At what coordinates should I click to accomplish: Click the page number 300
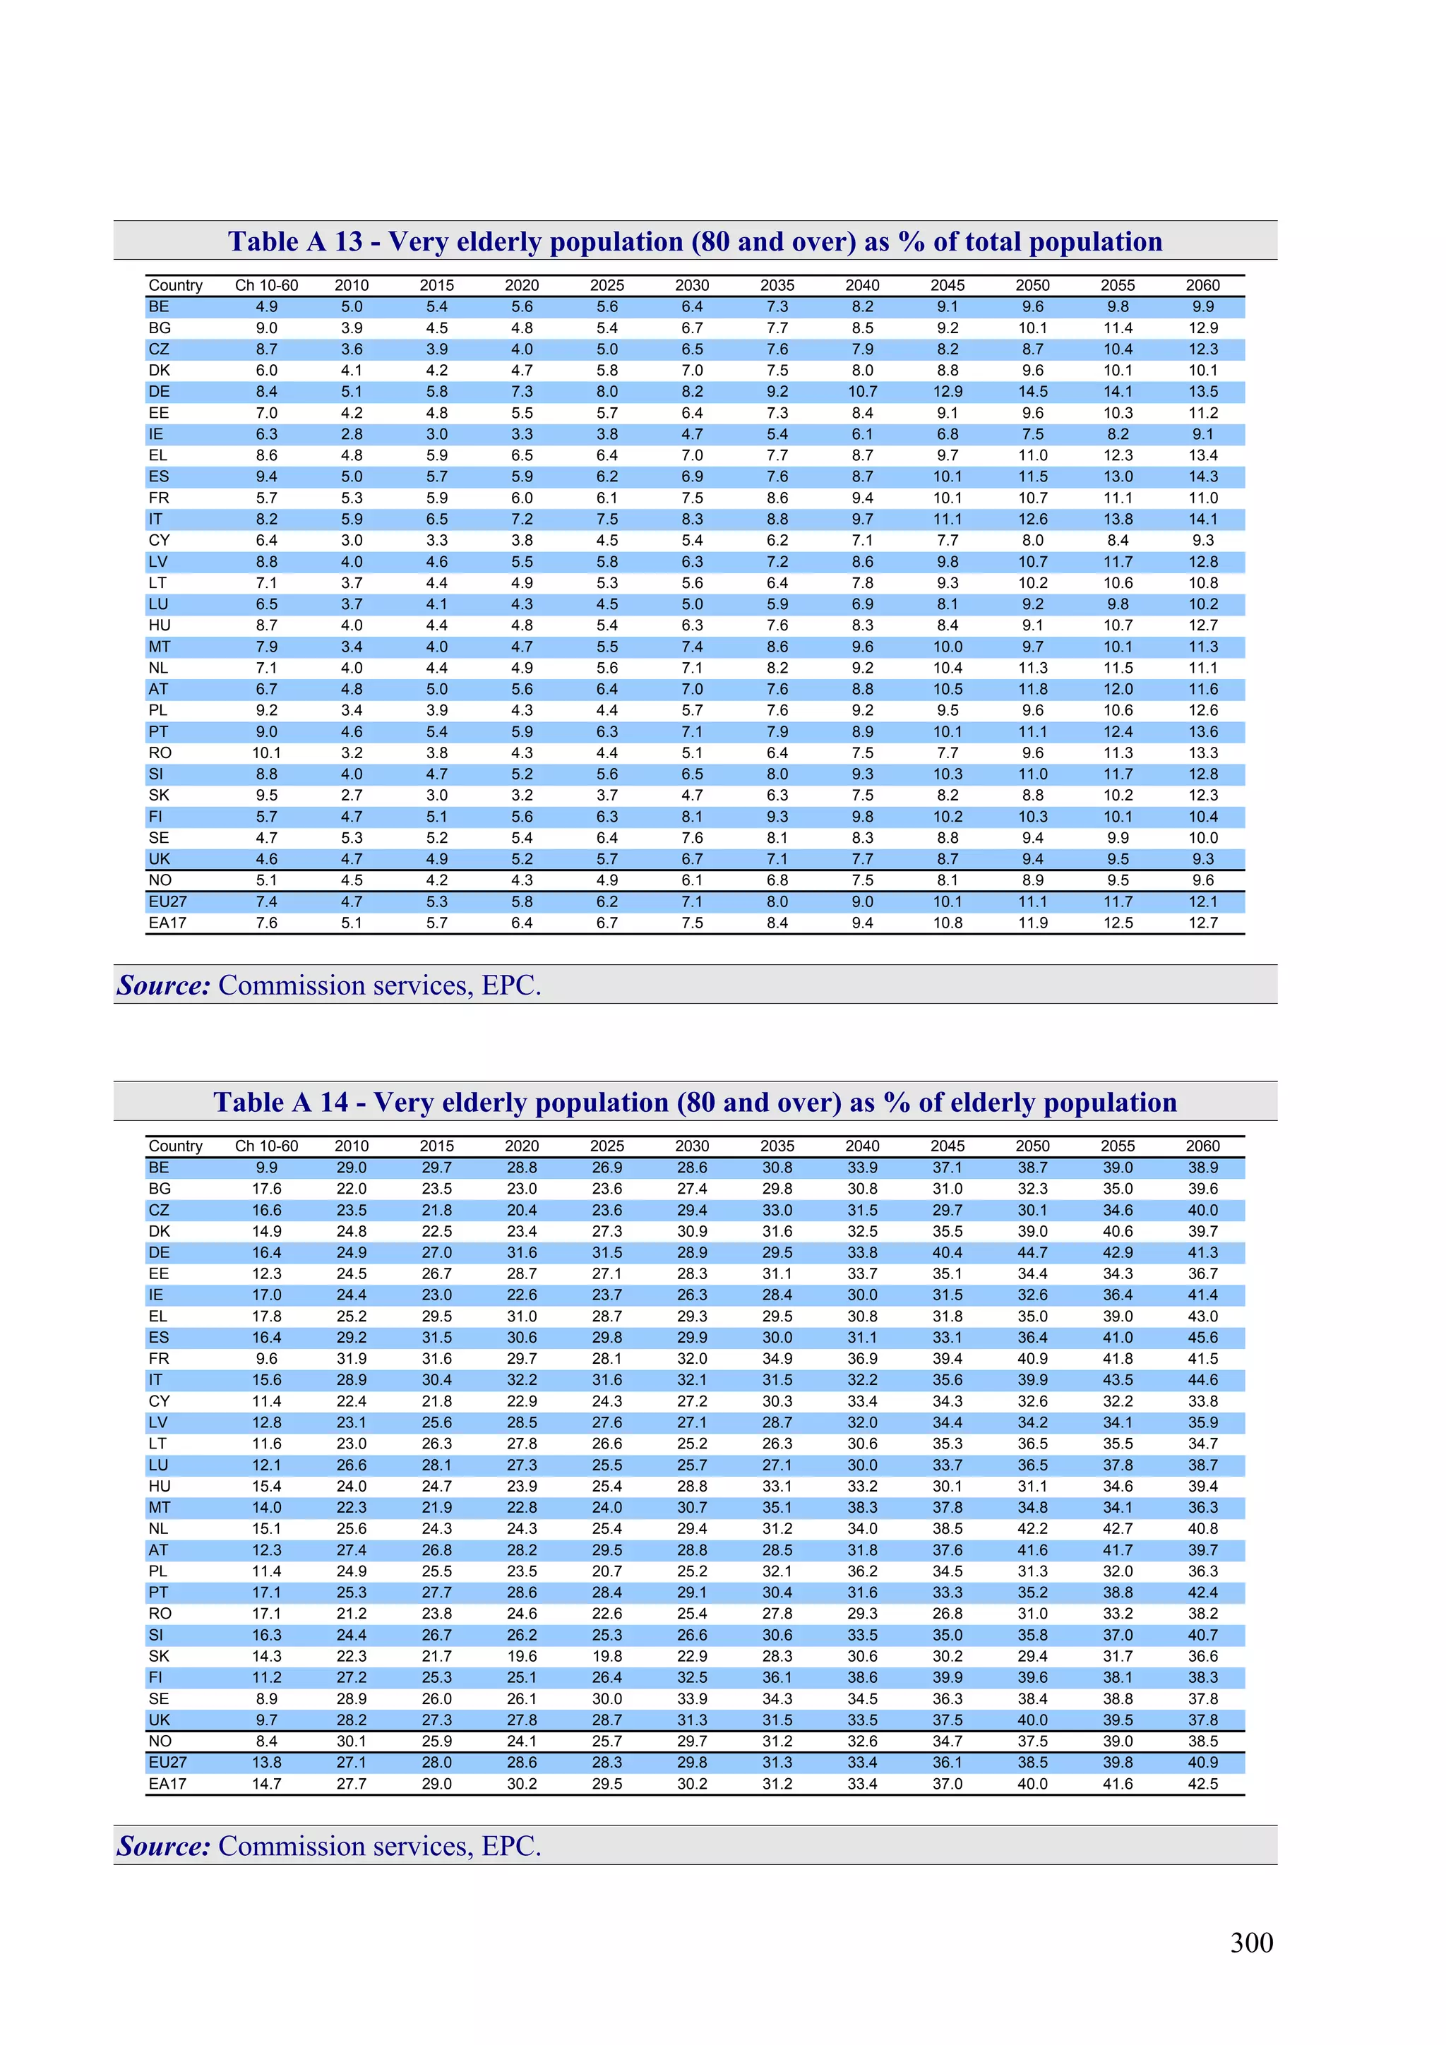[x=1251, y=1942]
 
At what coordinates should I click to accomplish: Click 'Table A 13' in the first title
[x=295, y=241]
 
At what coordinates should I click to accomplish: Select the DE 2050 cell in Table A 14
[x=1032, y=1252]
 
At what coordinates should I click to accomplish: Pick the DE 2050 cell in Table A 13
[x=1032, y=392]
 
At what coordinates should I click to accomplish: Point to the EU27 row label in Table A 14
[x=167, y=1762]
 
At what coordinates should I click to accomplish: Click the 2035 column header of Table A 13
[x=777, y=285]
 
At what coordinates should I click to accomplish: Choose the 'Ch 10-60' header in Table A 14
[x=266, y=1146]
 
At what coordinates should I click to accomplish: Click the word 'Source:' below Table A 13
[x=164, y=985]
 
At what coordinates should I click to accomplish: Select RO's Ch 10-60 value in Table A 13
[x=266, y=752]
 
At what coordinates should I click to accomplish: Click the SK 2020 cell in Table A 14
[x=521, y=1656]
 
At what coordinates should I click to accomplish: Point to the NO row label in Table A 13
[x=160, y=880]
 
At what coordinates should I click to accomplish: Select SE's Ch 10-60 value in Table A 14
[x=266, y=1698]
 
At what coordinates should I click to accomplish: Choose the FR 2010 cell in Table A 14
[x=352, y=1358]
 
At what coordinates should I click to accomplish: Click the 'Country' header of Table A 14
[x=176, y=1146]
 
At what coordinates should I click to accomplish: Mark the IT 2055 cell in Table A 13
[x=1117, y=520]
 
